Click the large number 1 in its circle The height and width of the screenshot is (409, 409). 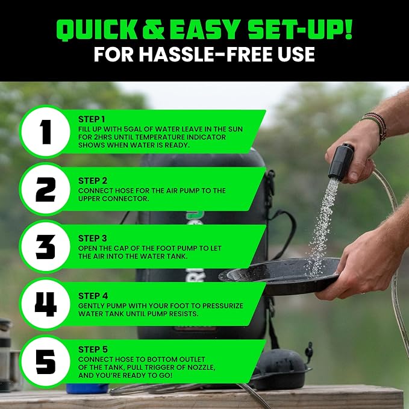[45, 132]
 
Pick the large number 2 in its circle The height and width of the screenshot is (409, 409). [45, 189]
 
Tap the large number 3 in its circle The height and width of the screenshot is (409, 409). [45, 247]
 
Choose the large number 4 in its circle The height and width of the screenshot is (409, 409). [46, 304]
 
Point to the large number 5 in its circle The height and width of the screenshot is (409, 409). [46, 362]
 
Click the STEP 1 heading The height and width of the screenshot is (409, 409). [92, 119]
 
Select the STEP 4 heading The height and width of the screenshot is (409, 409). [93, 296]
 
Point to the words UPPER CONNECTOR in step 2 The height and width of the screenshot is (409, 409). [113, 199]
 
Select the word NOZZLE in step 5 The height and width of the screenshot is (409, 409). [201, 367]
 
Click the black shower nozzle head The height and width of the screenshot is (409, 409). [341, 161]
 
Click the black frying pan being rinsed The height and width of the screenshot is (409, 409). [279, 276]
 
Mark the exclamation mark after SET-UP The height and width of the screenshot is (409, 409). [348, 30]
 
